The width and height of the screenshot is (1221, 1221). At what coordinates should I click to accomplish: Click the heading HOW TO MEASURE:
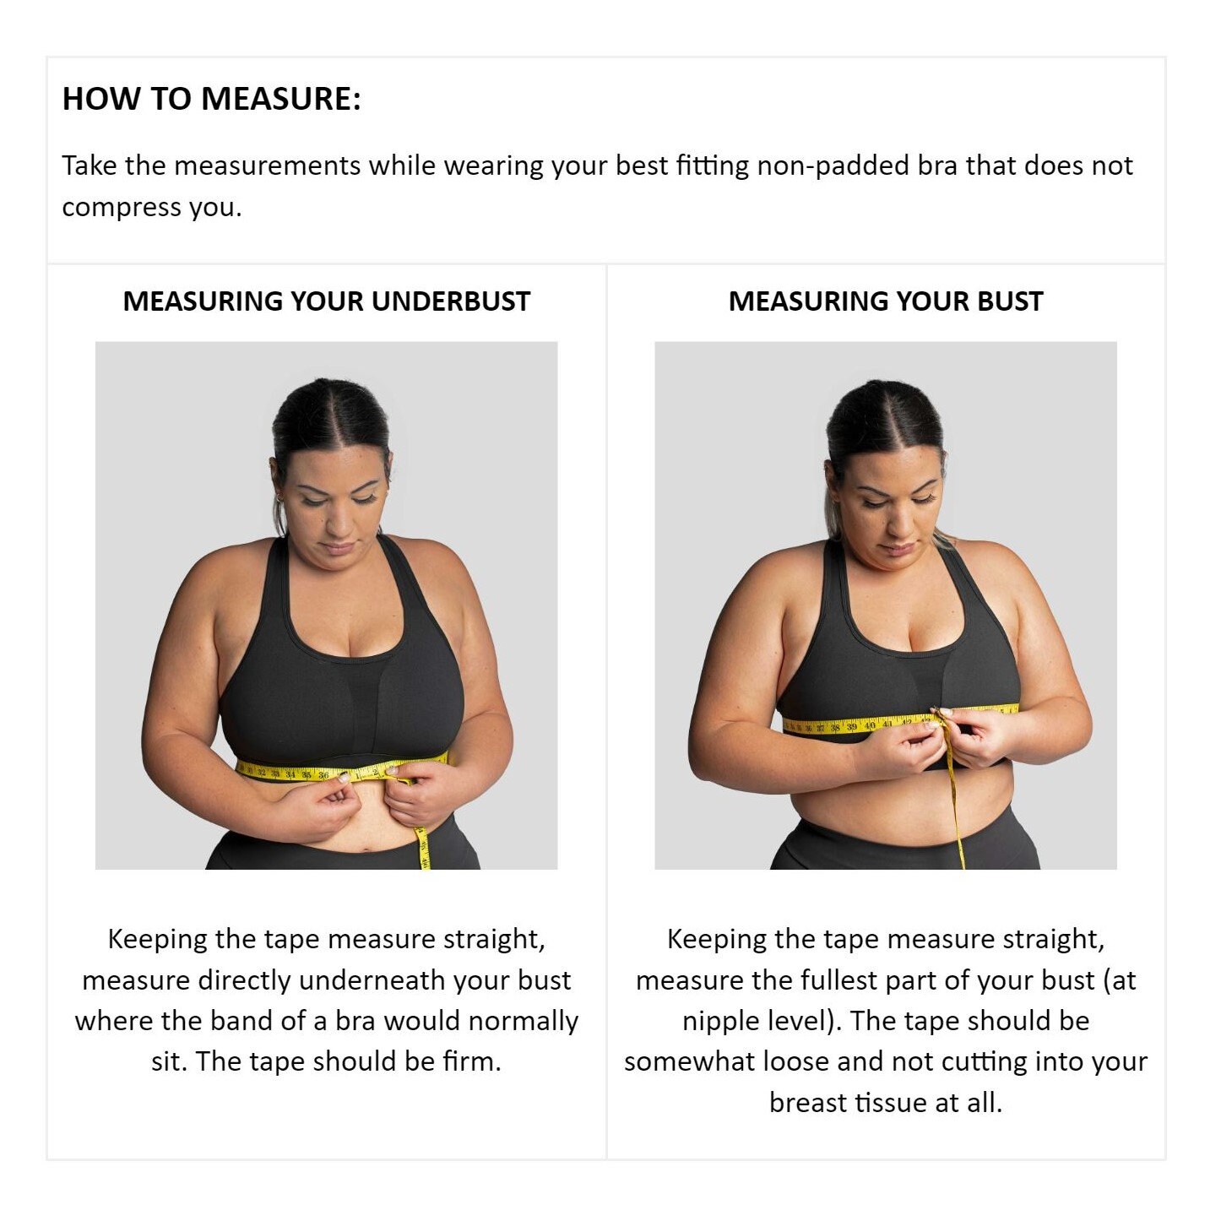(212, 99)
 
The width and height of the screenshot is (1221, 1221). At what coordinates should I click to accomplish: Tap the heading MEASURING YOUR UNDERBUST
(326, 301)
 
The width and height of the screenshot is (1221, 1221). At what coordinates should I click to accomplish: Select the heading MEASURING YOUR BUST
(886, 301)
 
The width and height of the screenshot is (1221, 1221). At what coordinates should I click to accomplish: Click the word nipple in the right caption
(719, 1022)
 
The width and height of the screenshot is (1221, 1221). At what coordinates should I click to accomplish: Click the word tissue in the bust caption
(890, 1103)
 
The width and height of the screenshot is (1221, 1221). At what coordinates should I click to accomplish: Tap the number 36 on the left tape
(323, 775)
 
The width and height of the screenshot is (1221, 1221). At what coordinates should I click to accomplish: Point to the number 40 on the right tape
(870, 724)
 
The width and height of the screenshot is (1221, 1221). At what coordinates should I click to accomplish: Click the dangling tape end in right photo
(961, 862)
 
